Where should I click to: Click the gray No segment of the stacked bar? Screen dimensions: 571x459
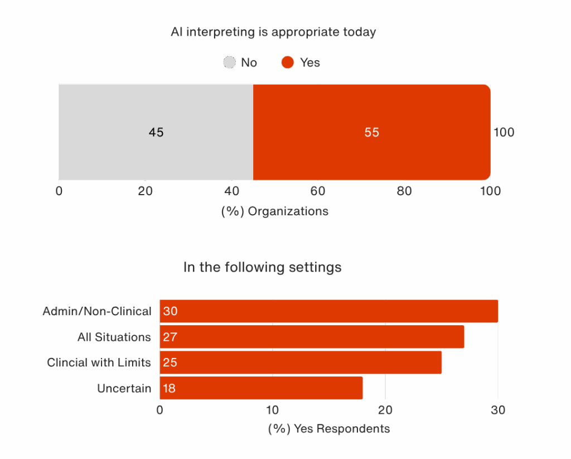(156, 132)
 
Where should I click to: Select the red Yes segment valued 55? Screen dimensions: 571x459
(372, 132)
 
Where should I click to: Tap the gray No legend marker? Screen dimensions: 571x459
(229, 62)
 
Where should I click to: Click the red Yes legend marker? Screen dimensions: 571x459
(288, 62)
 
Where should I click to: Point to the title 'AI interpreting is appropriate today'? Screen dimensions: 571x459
(273, 32)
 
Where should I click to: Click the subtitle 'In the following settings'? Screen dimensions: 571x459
(262, 267)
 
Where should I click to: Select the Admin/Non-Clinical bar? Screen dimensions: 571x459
(329, 311)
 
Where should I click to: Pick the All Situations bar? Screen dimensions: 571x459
(312, 337)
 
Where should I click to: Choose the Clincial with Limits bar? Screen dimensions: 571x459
(301, 363)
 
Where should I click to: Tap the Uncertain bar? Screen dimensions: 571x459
(261, 388)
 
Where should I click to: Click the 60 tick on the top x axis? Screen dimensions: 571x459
(317, 191)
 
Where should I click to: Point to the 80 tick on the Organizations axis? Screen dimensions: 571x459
(404, 191)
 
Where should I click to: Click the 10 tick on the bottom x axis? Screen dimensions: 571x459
(272, 410)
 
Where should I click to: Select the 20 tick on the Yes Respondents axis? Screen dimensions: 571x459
(385, 410)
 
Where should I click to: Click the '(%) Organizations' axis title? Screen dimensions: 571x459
(275, 211)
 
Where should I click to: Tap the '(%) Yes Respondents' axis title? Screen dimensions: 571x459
(329, 429)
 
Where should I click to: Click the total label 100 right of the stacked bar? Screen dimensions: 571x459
(504, 132)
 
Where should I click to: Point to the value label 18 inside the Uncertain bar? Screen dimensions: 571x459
(170, 388)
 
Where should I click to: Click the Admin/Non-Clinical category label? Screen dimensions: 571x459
(97, 311)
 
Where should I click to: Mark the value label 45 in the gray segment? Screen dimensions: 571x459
(156, 132)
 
